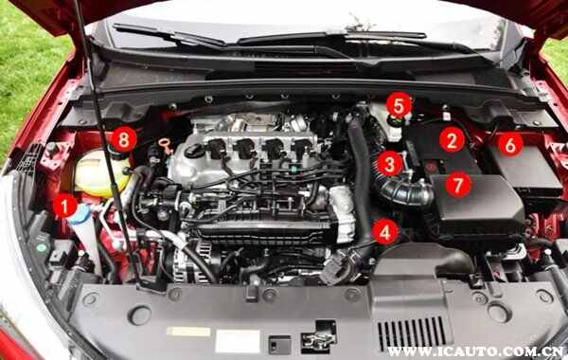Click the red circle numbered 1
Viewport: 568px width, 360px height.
[64, 206]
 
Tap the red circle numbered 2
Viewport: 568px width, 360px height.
[452, 139]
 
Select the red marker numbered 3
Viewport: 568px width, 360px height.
[390, 164]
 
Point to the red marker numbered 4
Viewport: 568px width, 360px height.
[385, 232]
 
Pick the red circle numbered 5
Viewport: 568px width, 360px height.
[399, 105]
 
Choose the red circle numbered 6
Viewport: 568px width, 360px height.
[510, 145]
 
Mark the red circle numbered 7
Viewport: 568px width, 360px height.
[458, 186]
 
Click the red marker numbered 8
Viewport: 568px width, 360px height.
[124, 139]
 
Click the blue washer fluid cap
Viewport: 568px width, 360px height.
[80, 214]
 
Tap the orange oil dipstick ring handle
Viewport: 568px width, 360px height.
[165, 142]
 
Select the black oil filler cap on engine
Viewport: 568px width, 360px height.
[195, 151]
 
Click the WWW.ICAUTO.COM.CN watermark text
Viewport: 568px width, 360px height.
[474, 351]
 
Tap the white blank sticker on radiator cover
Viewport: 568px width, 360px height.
[238, 341]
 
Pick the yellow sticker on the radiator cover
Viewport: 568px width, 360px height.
[188, 332]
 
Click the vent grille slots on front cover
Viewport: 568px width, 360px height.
[412, 333]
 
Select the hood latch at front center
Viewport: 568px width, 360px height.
[319, 337]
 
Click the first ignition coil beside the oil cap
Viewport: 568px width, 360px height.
[217, 149]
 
